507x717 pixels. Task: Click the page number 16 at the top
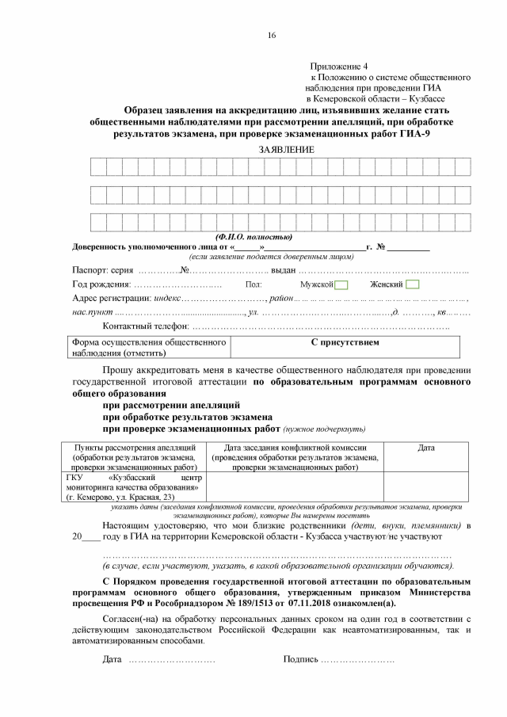click(271, 36)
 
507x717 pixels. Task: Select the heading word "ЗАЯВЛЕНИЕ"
click(286, 149)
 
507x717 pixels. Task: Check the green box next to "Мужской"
click(341, 284)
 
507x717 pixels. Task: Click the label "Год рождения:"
click(101, 284)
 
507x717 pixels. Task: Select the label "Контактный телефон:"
click(147, 327)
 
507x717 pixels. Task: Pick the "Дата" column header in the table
click(426, 448)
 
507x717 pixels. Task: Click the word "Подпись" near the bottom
click(300, 660)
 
